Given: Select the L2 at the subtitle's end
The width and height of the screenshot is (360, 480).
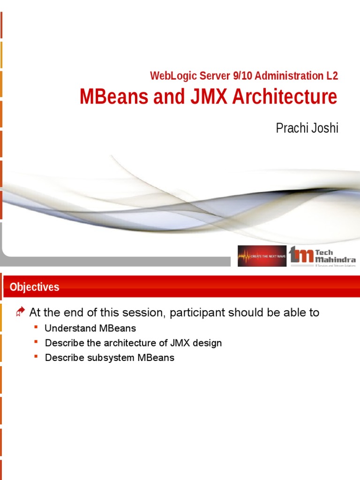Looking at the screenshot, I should point(331,75).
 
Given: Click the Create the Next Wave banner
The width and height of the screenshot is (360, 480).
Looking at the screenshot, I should point(262,256).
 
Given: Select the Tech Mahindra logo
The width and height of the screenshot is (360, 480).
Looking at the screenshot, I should point(322,256).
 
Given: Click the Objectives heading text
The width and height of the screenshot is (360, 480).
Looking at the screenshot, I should point(35,287).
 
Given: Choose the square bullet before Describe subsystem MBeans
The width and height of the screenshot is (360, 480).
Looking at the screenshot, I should point(36,357).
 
